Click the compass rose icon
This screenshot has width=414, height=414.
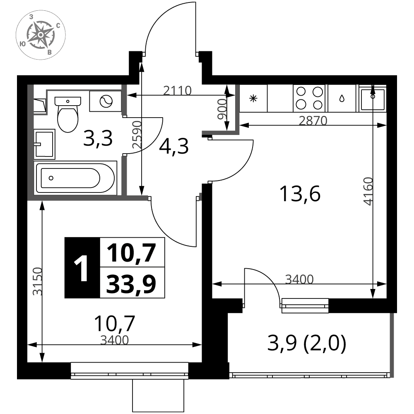pos(41,35)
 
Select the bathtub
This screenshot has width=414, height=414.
pos(75,178)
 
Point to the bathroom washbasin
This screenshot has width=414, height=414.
pos(44,144)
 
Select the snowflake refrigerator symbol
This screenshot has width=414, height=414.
pos(253,99)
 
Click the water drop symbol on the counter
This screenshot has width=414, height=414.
pos(342,99)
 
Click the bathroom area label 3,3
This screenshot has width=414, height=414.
pos(98,139)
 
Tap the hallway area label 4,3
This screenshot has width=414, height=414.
pos(174,147)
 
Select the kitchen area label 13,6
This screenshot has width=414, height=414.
pos(300,194)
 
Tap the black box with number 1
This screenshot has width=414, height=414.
pos(82,268)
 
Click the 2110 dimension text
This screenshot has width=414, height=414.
pos(177,91)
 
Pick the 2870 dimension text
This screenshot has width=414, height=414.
pos(313,120)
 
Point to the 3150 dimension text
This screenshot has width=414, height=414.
pos(37,281)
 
